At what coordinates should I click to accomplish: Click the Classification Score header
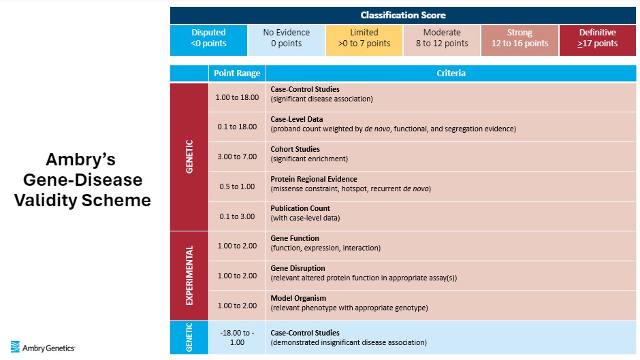tap(403, 15)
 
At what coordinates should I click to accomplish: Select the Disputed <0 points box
tap(208, 40)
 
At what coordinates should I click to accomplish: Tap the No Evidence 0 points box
tap(286, 40)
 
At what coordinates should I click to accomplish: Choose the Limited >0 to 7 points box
tap(364, 40)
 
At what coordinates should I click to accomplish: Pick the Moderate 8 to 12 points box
tap(442, 40)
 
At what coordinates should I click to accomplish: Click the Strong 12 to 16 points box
tap(519, 40)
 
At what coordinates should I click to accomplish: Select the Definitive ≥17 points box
tap(598, 40)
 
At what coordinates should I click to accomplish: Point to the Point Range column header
tap(237, 73)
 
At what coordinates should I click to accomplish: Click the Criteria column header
tap(451, 73)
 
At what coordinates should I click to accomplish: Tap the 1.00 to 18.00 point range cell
tap(237, 97)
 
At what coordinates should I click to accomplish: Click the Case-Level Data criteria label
tap(297, 119)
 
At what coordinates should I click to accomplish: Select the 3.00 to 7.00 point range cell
tap(237, 157)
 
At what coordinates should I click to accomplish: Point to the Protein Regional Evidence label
tap(314, 179)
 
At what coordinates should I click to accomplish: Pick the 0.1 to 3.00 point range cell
tap(237, 216)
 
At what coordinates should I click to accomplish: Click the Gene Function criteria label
tap(295, 238)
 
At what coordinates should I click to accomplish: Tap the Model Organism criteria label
tap(298, 298)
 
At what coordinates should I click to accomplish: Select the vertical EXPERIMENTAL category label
tap(189, 276)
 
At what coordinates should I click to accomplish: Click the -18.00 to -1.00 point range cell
tap(237, 338)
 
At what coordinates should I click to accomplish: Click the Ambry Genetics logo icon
tap(15, 346)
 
